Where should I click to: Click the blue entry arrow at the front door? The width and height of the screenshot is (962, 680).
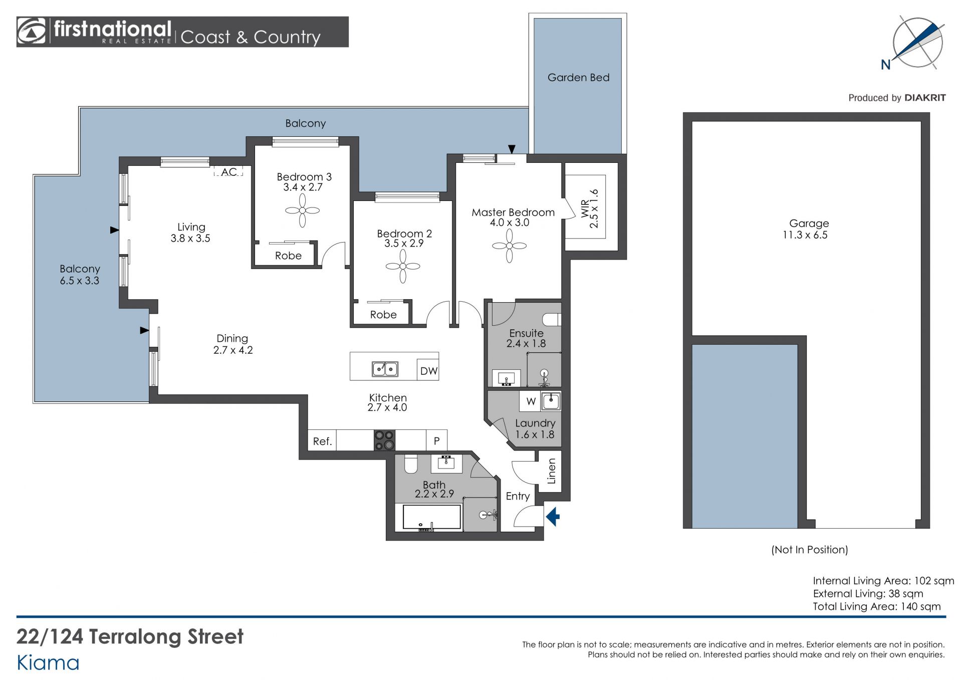pos(553,517)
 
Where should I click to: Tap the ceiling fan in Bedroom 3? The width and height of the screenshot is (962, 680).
pos(303,210)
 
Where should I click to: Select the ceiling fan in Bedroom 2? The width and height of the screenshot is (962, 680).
pos(403,266)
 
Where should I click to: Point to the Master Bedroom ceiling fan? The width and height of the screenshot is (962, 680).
pos(509,246)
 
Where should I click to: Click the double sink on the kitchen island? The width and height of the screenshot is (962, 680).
pos(385,369)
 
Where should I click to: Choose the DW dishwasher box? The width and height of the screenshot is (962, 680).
pos(428,370)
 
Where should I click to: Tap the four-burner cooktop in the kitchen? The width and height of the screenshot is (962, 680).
pos(384,440)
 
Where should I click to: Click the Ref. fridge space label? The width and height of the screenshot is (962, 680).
pos(322,441)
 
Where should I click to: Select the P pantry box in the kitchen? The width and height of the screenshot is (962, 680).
pos(437,440)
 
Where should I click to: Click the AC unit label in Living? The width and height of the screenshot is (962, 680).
pos(229,172)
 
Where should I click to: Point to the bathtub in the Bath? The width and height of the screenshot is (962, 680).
pos(432,517)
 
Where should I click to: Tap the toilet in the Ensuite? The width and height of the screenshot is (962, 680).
pos(552,319)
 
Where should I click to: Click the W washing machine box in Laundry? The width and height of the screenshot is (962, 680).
pos(531,401)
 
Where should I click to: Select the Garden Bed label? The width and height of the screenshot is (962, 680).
pos(578,77)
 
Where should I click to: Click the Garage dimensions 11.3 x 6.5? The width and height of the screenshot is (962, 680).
pos(805,235)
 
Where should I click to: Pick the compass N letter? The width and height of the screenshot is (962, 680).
pos(886,65)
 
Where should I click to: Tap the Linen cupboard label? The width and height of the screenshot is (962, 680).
pos(551,471)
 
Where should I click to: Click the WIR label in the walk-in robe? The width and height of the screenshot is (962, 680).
pos(584,209)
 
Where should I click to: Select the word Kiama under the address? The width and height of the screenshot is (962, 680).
pos(48,663)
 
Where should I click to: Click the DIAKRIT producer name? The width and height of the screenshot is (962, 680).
pos(925,98)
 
